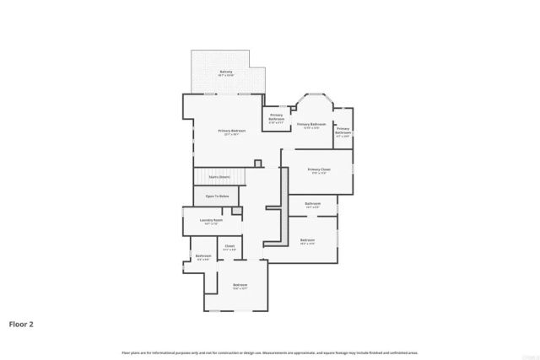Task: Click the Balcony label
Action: pos(226,72)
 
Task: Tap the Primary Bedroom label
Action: pos(232,131)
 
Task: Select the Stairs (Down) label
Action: pos(219,177)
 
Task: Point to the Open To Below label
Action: pos(217,196)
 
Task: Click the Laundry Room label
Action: pos(211,220)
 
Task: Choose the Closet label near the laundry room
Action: pos(229,245)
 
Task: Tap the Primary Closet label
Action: pos(319,169)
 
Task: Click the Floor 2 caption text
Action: pos(22,323)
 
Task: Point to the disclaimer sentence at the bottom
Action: pos(270,352)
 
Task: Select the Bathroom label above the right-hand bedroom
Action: pos(312,203)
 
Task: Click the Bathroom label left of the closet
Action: pos(203,255)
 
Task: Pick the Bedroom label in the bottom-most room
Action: pos(240,285)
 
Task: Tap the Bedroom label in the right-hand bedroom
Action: pos(307,240)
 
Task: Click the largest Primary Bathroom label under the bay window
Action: pos(311,124)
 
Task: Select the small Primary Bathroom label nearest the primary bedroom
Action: pos(277,117)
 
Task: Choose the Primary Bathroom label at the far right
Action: pos(343,131)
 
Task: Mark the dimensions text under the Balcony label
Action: pos(226,76)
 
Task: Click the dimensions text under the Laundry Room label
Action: pos(211,224)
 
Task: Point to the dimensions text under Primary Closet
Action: pos(319,173)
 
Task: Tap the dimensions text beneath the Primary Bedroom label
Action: pos(232,135)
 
